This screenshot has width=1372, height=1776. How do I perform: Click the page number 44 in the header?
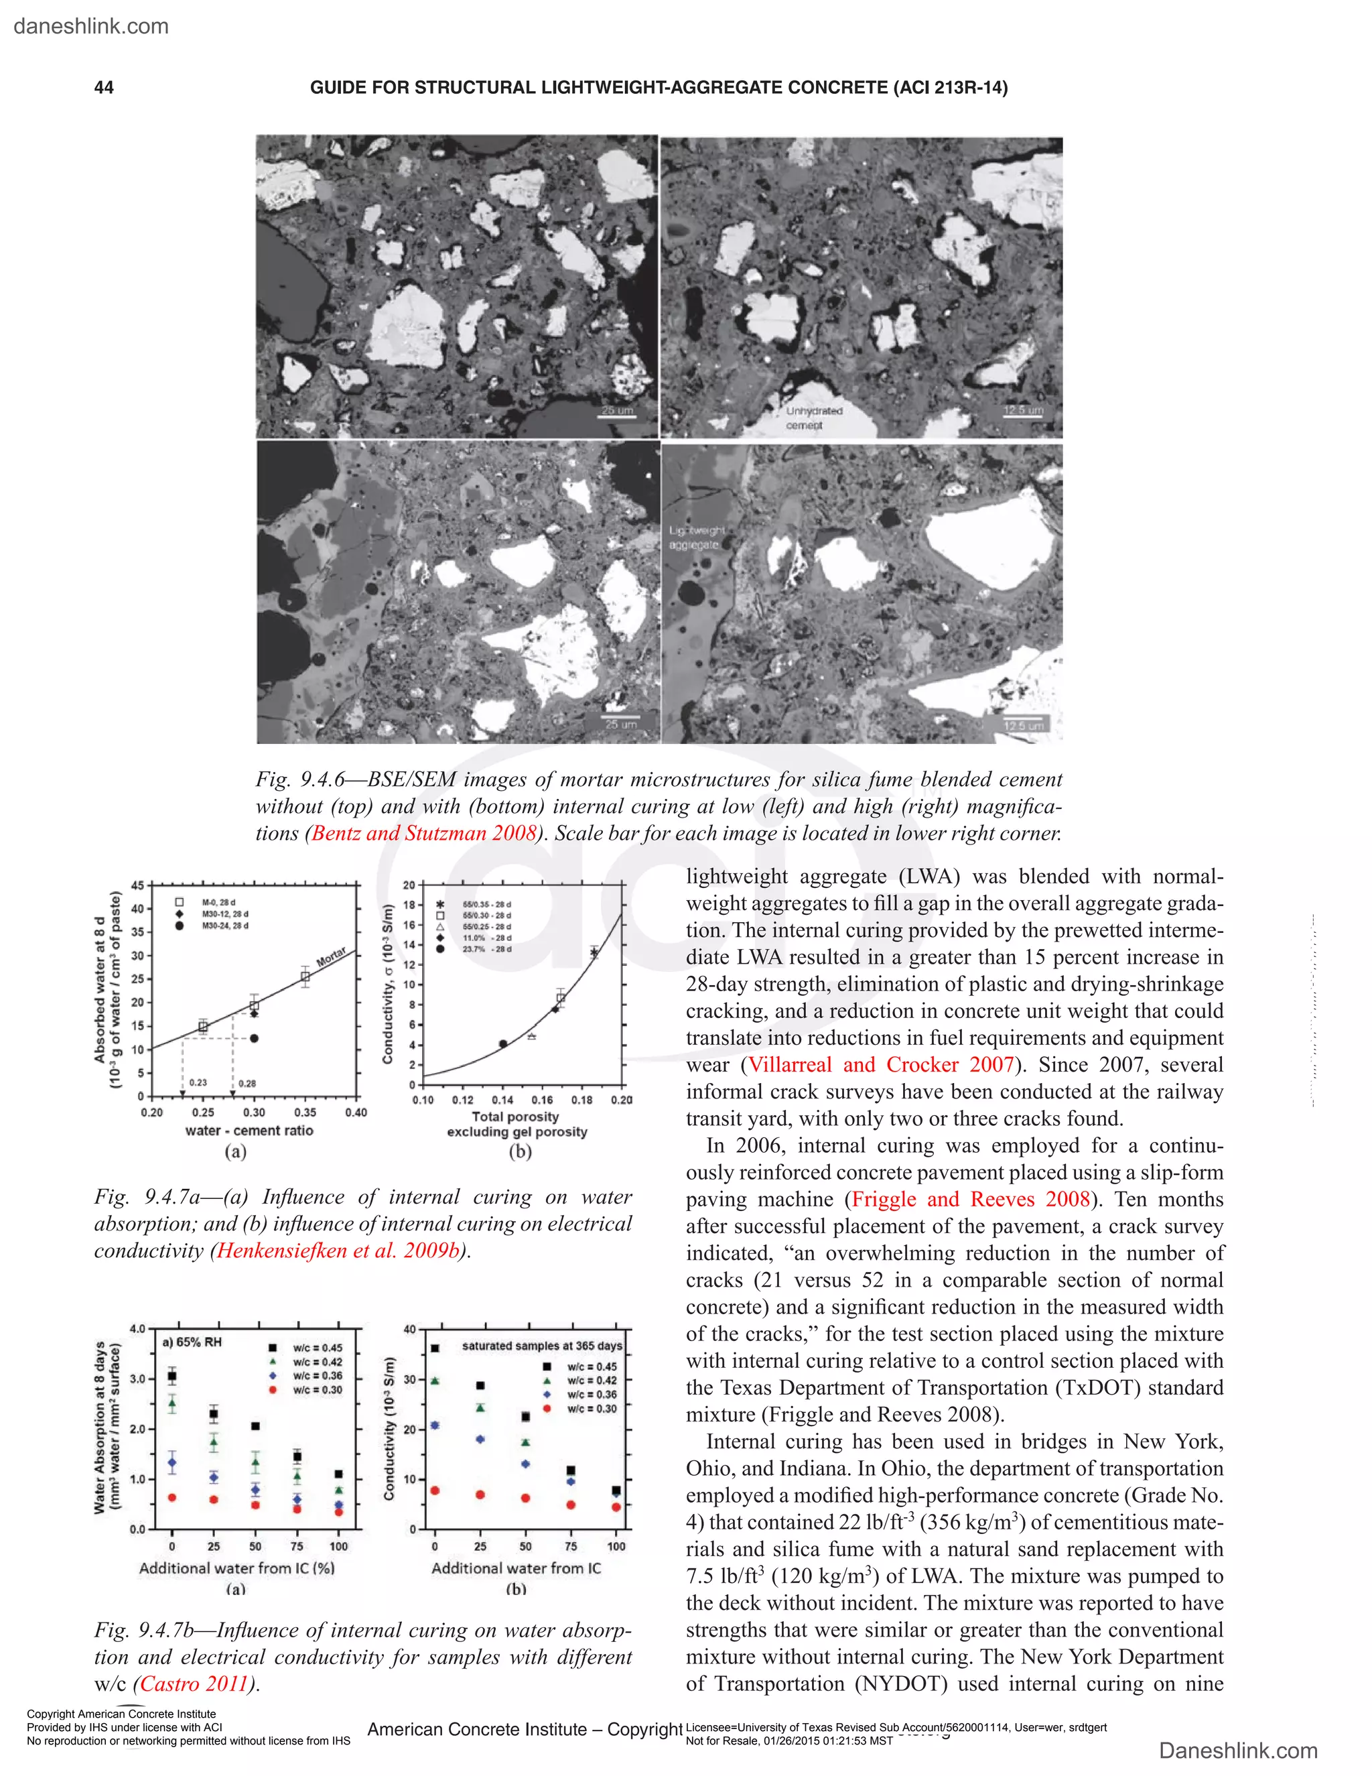coord(103,88)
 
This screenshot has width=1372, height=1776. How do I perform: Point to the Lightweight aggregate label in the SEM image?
coord(696,537)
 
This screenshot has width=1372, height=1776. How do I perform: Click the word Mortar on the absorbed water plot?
coord(331,956)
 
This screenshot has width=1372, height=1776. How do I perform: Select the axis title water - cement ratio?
coord(249,1131)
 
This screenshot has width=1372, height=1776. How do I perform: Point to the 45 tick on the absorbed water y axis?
coord(137,885)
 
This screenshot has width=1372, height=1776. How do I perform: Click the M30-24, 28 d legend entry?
coord(224,926)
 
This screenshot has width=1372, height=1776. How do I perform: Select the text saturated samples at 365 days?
coord(541,1346)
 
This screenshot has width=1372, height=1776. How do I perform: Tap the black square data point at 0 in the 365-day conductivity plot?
coord(435,1348)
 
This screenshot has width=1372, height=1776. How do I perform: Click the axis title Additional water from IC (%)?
coord(236,1568)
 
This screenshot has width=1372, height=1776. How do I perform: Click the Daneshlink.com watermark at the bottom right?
coord(1238,1751)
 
